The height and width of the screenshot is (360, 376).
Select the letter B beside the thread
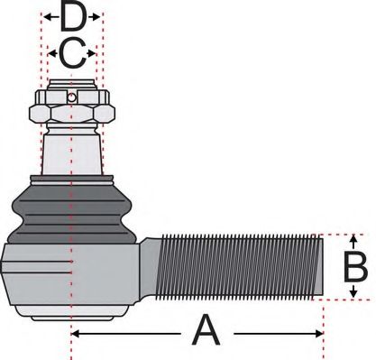(x=355, y=268)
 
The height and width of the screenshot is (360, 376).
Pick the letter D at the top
(x=72, y=17)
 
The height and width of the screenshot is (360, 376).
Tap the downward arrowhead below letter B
(x=354, y=297)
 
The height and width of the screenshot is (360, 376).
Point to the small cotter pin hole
(x=73, y=96)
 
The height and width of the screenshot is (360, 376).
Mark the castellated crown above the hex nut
(x=72, y=92)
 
